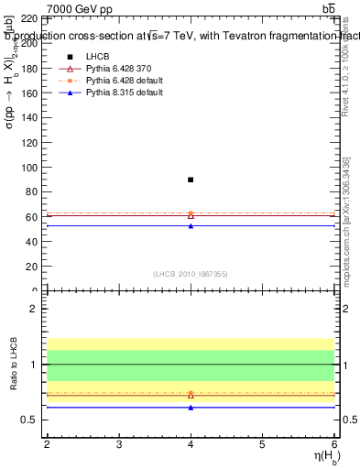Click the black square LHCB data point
191,180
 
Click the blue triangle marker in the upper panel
191,225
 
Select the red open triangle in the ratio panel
191,395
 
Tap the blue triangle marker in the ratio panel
191,407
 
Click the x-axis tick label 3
119,444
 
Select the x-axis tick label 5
263,444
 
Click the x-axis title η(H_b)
317,457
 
